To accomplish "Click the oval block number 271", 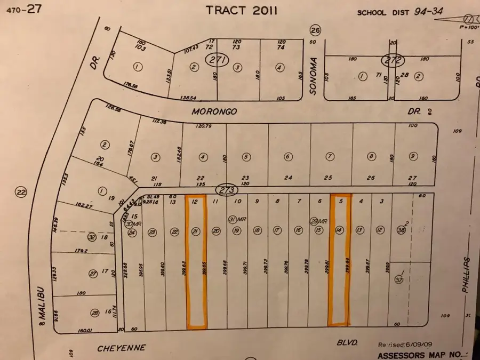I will (218, 61).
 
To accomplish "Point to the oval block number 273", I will (226, 189).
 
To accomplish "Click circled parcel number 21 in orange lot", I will (196, 231).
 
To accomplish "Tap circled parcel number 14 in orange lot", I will (339, 230).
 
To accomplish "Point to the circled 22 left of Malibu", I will (21, 192).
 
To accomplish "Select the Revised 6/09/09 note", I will (403, 346).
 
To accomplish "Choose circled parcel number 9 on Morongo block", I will (412, 157).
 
